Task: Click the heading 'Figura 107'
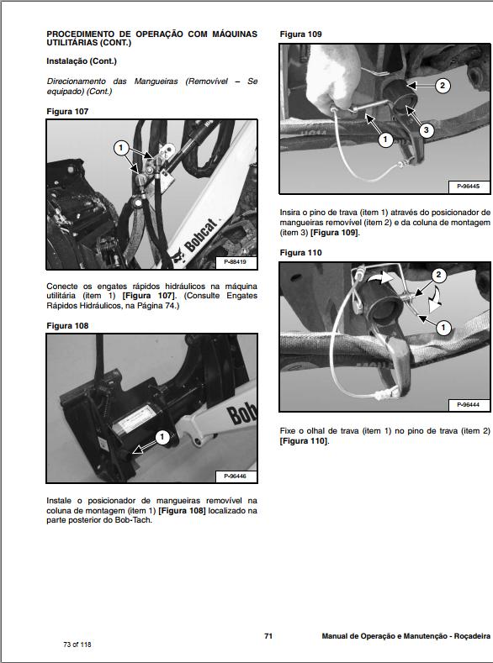point(67,111)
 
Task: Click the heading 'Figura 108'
point(67,325)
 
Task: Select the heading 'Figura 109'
point(300,34)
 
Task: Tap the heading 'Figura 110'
point(300,252)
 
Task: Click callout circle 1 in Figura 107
point(121,146)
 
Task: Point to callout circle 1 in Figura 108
point(162,437)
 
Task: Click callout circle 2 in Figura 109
point(443,85)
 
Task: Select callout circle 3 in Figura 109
point(426,129)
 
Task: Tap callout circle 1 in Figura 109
point(385,139)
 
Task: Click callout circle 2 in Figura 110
point(438,276)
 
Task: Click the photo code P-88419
point(236,262)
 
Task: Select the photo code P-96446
point(236,476)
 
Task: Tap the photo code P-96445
point(469,186)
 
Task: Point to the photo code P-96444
point(469,404)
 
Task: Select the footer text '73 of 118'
point(77,645)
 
